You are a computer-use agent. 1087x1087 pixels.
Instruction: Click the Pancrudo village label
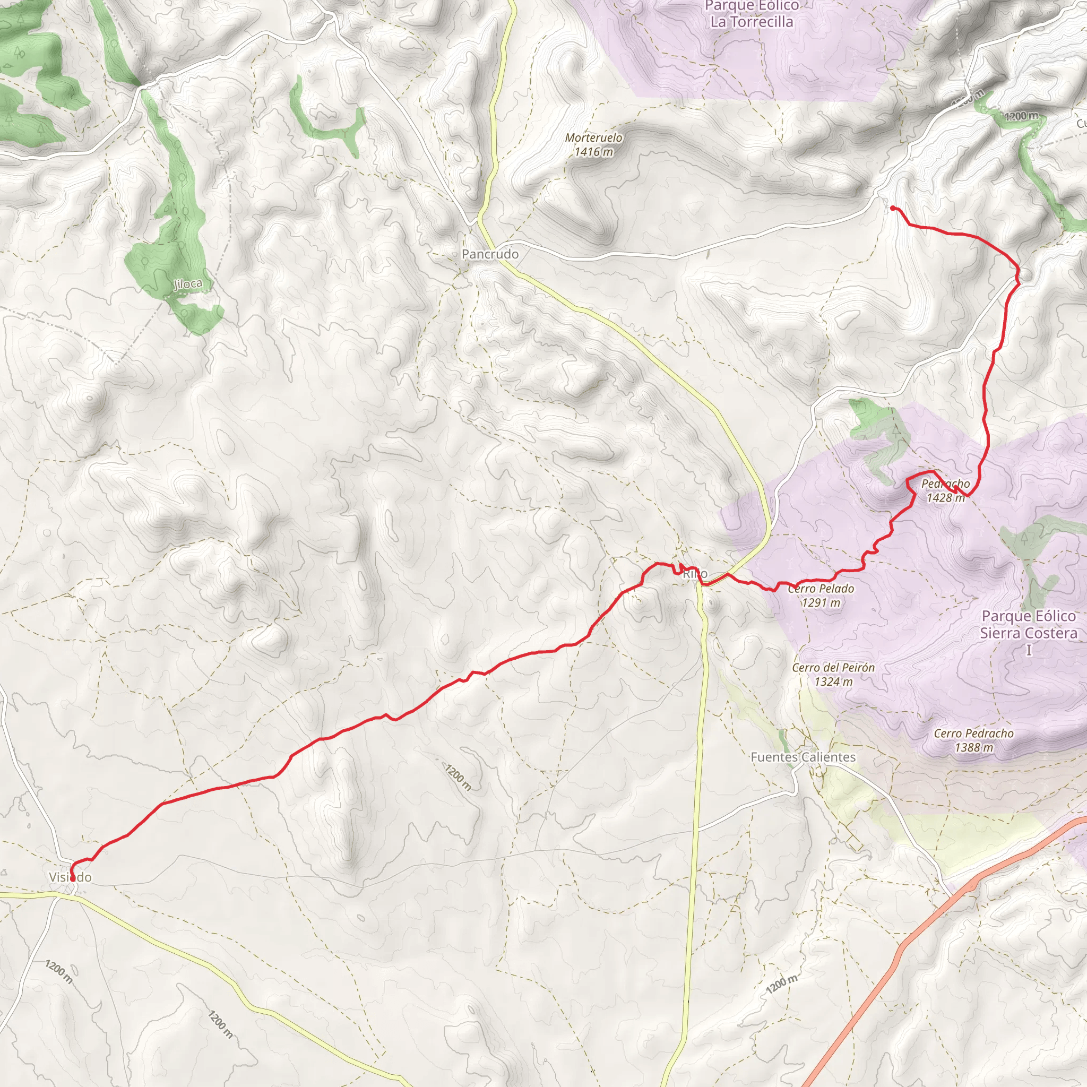click(x=490, y=254)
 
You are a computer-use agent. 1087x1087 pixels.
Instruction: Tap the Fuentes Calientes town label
click(x=803, y=757)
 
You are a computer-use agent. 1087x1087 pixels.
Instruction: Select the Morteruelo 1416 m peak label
click(x=593, y=144)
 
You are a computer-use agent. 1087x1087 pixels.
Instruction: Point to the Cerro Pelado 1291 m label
click(x=821, y=596)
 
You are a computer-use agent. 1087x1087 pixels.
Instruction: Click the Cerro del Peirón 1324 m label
click(x=833, y=675)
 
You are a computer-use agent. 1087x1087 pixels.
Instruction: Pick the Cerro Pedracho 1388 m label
click(x=973, y=740)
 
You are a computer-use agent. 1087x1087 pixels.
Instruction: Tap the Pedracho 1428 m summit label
click(x=945, y=490)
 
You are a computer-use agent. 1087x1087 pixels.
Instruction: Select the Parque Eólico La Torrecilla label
click(x=752, y=15)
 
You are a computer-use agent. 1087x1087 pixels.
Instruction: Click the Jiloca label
click(x=188, y=284)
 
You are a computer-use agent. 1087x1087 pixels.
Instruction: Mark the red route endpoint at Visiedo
click(x=72, y=878)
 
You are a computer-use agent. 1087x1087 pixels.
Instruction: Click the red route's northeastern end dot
click(x=893, y=209)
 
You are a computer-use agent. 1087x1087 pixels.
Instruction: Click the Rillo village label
click(x=695, y=574)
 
